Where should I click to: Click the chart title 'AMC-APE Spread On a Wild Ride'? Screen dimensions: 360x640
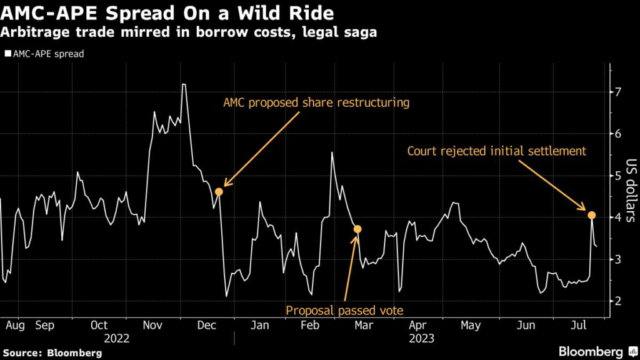pyautogui.click(x=168, y=13)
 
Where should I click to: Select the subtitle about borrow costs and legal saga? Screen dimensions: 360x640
pyautogui.click(x=189, y=32)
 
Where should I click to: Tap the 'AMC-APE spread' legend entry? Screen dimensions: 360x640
pyautogui.click(x=44, y=54)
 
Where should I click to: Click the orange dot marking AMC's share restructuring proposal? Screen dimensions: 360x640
pyautogui.click(x=219, y=191)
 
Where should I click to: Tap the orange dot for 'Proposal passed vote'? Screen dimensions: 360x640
pyautogui.click(x=357, y=229)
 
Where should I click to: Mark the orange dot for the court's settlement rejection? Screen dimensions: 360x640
pyautogui.click(x=591, y=216)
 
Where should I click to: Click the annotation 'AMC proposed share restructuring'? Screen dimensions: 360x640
pyautogui.click(x=316, y=102)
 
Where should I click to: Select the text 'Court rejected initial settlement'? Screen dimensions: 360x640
pyautogui.click(x=496, y=151)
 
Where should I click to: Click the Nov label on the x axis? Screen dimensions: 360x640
pyautogui.click(x=154, y=325)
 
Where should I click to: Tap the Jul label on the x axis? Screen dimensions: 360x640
pyautogui.click(x=579, y=325)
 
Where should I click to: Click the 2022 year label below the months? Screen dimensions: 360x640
pyautogui.click(x=117, y=338)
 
